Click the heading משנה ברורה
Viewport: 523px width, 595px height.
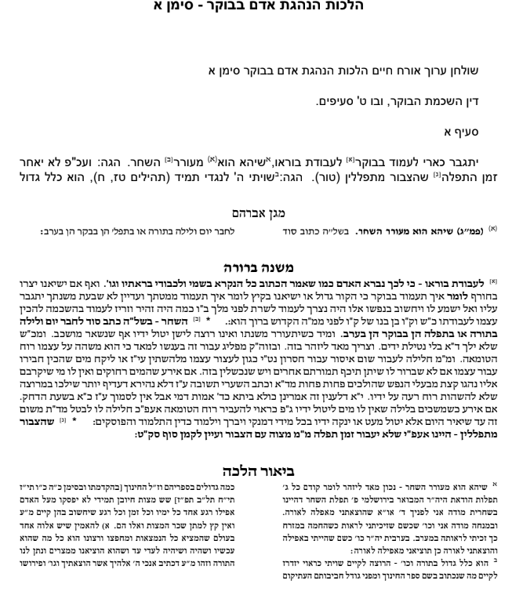point(261,267)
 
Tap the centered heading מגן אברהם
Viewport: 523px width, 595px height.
point(261,212)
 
